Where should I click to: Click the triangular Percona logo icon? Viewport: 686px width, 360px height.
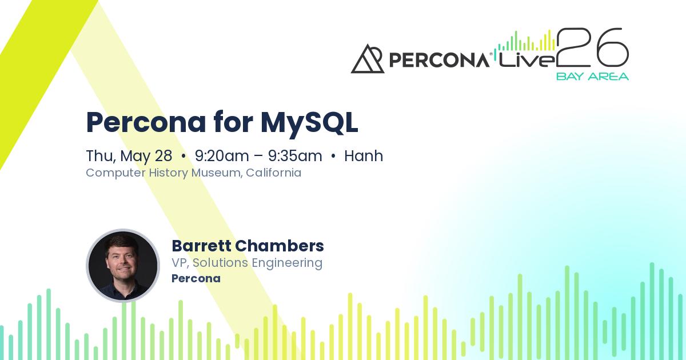click(367, 59)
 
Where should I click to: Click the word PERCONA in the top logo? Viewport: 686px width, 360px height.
click(438, 60)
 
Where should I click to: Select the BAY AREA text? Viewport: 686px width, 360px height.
click(592, 76)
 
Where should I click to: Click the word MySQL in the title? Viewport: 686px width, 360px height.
click(309, 122)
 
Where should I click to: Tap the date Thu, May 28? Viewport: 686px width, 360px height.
click(129, 156)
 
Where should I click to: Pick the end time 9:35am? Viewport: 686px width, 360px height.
click(295, 156)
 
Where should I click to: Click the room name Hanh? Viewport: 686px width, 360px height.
click(364, 156)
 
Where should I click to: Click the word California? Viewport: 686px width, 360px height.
click(274, 173)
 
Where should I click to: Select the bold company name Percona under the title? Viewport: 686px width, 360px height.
click(196, 279)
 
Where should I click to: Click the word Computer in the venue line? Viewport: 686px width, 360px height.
click(110, 173)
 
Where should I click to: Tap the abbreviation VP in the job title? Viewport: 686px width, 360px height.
click(180, 263)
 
